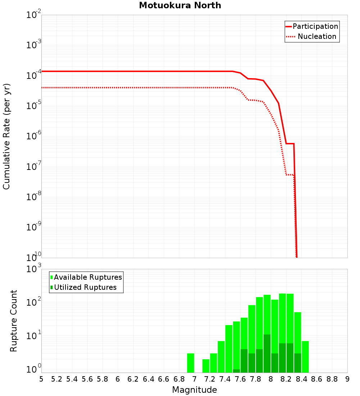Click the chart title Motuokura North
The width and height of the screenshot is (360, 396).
[x=180, y=5]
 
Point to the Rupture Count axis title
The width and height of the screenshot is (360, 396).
[x=14, y=320]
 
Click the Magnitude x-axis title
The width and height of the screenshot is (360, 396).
[x=194, y=390]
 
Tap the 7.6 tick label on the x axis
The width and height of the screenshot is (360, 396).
[x=240, y=379]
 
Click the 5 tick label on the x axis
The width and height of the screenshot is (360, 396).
[x=41, y=379]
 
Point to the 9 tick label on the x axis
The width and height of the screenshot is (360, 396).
[x=347, y=379]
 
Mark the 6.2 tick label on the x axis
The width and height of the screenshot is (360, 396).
[x=133, y=379]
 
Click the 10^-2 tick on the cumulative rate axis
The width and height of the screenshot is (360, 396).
[x=34, y=15]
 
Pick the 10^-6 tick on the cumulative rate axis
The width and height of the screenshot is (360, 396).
[x=34, y=137]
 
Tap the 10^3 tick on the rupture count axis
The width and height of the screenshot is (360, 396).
[x=34, y=269]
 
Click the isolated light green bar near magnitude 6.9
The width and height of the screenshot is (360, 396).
[x=190, y=363]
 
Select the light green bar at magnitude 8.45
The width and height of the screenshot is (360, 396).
[x=305, y=357]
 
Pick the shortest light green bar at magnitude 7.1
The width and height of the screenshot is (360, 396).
[x=206, y=366]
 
